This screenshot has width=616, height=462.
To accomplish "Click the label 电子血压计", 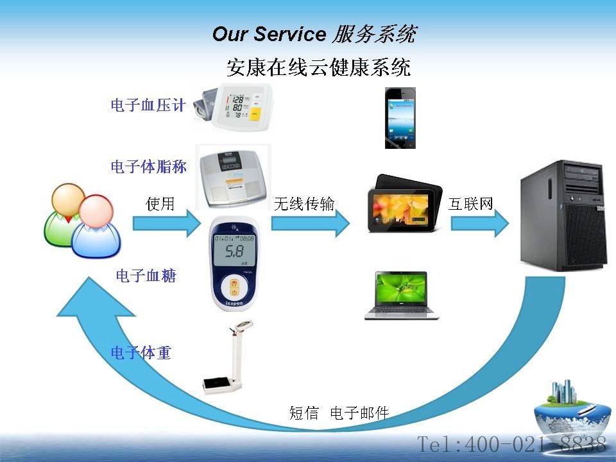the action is pyautogui.click(x=148, y=105).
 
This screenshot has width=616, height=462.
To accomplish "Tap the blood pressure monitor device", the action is pyautogui.click(x=233, y=107).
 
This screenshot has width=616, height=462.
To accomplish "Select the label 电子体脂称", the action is pyautogui.click(x=148, y=167).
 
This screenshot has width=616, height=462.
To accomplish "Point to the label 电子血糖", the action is pyautogui.click(x=146, y=275).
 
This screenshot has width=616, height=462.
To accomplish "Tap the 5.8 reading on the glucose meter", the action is pyautogui.click(x=234, y=252).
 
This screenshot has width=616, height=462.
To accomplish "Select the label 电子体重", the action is pyautogui.click(x=141, y=352).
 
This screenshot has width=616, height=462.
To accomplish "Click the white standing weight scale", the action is pyautogui.click(x=228, y=357).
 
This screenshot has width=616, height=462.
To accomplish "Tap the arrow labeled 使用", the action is pyautogui.click(x=167, y=223).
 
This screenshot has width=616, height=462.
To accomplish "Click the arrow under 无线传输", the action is pyautogui.click(x=311, y=223).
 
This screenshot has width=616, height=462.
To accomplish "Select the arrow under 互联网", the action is pyautogui.click(x=480, y=223).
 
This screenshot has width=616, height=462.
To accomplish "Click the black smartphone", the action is pyautogui.click(x=400, y=118).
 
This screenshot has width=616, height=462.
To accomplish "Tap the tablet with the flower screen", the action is pyautogui.click(x=404, y=203).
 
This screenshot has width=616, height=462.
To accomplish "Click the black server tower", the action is pyautogui.click(x=562, y=216).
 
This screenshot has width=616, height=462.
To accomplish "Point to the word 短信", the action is pyautogui.click(x=304, y=413).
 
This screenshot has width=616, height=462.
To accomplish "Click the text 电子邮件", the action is pyautogui.click(x=359, y=413).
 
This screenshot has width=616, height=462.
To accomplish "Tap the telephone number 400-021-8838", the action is pyautogui.click(x=535, y=444).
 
